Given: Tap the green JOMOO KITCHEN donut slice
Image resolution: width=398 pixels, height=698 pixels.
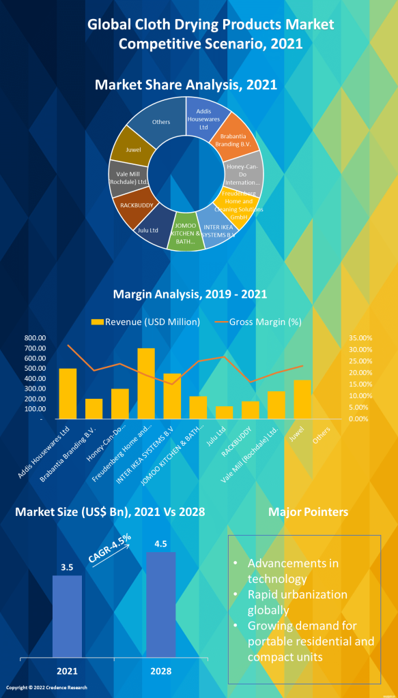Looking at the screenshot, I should tap(186, 235).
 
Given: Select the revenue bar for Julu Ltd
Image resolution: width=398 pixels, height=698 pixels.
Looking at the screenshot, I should tap(225, 412).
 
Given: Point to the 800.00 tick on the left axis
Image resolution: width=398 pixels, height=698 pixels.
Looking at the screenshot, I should tap(34, 338).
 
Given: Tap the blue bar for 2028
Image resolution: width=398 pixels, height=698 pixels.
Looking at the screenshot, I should tap(161, 603).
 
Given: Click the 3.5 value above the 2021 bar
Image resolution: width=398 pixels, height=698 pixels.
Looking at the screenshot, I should tap(67, 566).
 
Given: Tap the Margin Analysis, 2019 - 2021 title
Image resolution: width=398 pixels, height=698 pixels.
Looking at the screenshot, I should tap(190, 294).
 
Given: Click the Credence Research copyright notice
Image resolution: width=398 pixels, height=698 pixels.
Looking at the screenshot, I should tap(47, 688).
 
